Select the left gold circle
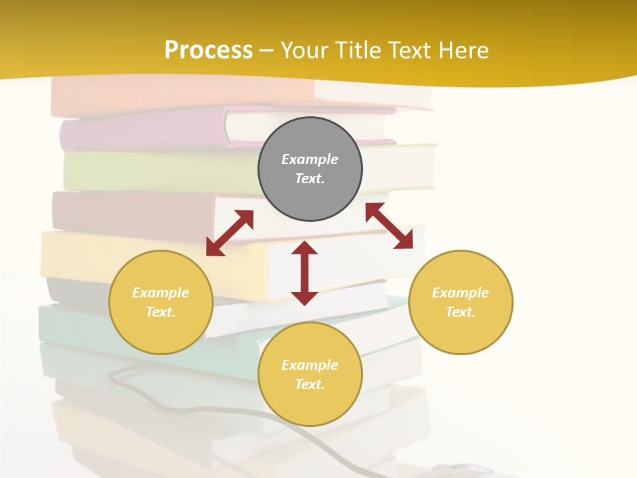click(161, 302)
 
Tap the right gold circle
click(460, 302)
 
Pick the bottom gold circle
click(310, 374)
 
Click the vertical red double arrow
click(305, 273)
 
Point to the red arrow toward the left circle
click(230, 233)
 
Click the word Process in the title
click(208, 50)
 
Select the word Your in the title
click(306, 50)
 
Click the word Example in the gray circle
click(310, 159)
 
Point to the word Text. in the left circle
click(161, 312)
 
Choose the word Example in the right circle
click(460, 293)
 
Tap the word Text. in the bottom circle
click(310, 384)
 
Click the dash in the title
click(267, 50)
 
